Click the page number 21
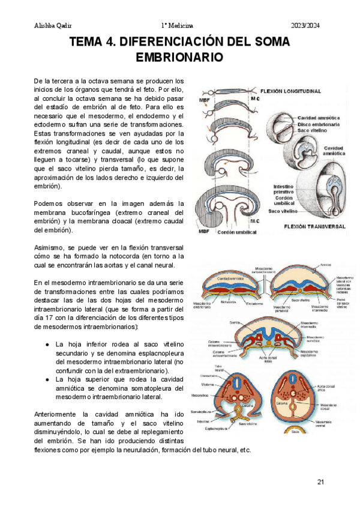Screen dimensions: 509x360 (320, 482)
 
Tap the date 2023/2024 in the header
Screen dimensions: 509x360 (307, 25)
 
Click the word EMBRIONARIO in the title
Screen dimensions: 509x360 (180, 58)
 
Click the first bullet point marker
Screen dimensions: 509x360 (47, 345)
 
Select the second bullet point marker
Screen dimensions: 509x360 (47, 380)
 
